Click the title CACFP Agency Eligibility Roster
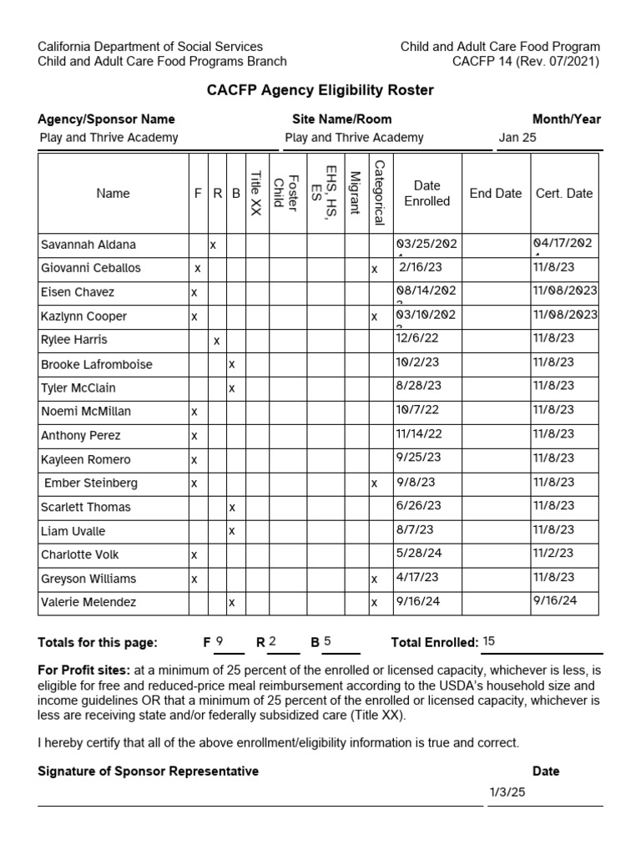tap(320, 90)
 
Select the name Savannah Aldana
tap(88, 245)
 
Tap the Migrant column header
tap(355, 193)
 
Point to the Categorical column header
tap(379, 193)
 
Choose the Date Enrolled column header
tap(426, 193)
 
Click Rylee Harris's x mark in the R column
tap(216, 341)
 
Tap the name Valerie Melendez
tap(88, 602)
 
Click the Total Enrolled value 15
tap(489, 641)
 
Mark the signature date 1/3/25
tap(507, 792)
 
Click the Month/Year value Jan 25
tap(517, 138)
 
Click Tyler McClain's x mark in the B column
tap(232, 388)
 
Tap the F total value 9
tap(220, 641)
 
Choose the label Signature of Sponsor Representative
tap(149, 772)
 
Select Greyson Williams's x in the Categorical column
tap(375, 579)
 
